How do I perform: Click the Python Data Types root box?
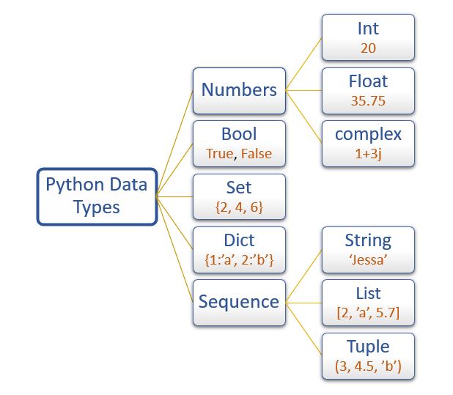97,196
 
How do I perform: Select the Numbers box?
239,90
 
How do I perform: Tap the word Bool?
239,135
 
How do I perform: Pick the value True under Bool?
219,155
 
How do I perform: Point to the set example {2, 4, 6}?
239,207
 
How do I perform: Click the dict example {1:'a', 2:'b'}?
239,260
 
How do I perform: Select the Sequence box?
239,302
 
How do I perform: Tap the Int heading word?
368,29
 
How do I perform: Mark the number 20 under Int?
368,49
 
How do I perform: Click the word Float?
368,82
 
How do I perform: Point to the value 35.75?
368,102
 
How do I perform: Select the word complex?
368,135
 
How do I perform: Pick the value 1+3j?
368,155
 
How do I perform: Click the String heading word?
368,240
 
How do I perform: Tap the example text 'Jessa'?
368,260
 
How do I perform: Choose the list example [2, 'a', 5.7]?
368,313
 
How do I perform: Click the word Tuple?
368,346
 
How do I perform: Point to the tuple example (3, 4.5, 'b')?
368,366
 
